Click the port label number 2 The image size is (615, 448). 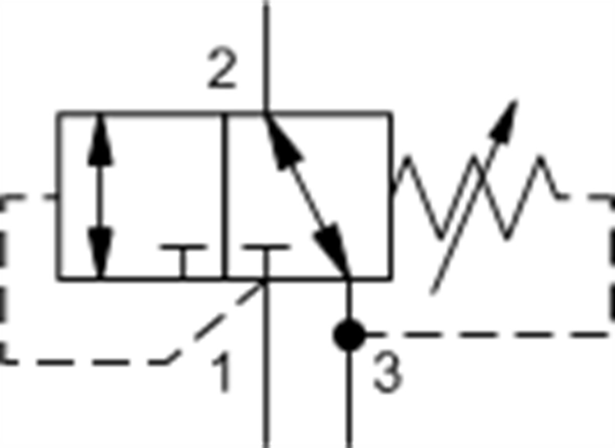(x=222, y=69)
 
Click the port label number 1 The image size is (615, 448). (x=222, y=372)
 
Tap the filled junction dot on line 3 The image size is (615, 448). (x=348, y=335)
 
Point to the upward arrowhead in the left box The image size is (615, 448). (x=100, y=140)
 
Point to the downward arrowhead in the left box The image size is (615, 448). (x=100, y=253)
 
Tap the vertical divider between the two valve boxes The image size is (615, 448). (x=224, y=197)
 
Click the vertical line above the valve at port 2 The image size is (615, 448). (x=266, y=56)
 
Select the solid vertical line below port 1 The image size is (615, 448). (x=266, y=364)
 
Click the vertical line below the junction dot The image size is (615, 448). (x=348, y=399)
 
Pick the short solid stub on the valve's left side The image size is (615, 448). (x=52, y=197)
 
